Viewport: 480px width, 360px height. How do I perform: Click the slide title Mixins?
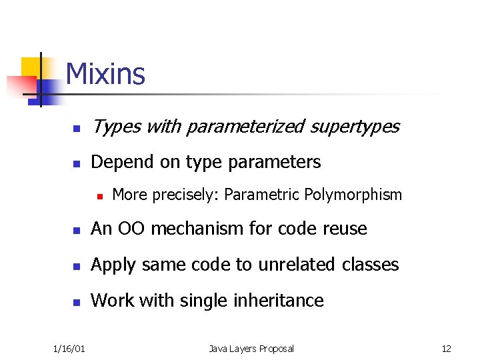105,74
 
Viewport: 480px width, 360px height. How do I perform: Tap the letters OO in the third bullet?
126,229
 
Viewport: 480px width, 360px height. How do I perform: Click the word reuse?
344,229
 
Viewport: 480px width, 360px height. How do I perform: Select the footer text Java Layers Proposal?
251,349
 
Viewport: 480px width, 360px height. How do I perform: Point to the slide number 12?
446,349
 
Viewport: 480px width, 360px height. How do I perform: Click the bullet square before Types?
77,127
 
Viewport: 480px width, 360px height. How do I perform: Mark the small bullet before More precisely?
99,196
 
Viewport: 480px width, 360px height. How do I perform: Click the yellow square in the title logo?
32,67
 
